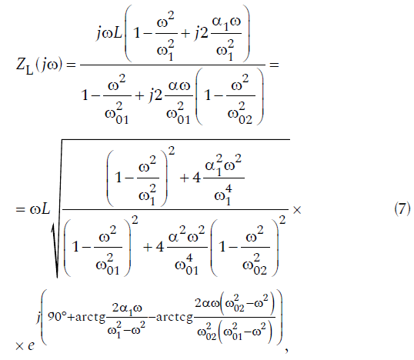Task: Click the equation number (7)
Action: [x=402, y=208]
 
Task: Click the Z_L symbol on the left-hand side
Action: [x=25, y=65]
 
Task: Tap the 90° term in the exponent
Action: [x=57, y=316]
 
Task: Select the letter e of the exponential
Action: [x=31, y=345]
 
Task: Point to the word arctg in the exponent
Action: [x=90, y=318]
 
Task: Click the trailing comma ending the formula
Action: [x=286, y=350]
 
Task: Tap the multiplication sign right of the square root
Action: [x=297, y=210]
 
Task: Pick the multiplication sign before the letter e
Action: [x=19, y=346]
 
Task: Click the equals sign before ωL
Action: [x=20, y=210]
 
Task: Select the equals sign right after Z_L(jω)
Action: [x=71, y=65]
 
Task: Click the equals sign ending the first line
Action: [x=274, y=65]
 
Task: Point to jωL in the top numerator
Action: [x=109, y=34]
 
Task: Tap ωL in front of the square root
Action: [x=40, y=210]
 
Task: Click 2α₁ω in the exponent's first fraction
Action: [x=127, y=308]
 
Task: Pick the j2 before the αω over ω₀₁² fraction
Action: [x=155, y=95]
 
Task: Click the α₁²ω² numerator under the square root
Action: [x=223, y=165]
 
